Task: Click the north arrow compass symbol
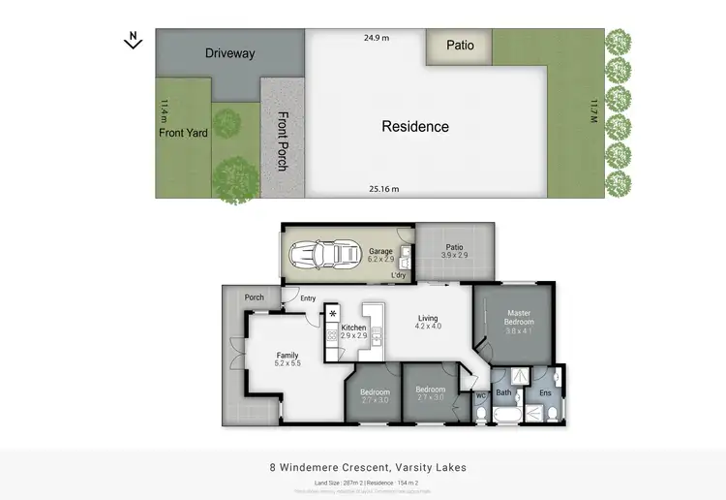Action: [134, 40]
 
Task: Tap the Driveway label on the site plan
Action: [229, 53]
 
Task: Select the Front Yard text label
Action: [184, 132]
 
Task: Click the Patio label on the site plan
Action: [460, 45]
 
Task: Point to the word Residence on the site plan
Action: [415, 126]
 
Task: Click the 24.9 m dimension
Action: [377, 38]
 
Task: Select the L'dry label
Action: [398, 276]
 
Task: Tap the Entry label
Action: [308, 298]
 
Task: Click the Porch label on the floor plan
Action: [254, 297]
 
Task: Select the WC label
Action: [480, 395]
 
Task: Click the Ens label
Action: [545, 392]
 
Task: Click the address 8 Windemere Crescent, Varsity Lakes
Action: [367, 467]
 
